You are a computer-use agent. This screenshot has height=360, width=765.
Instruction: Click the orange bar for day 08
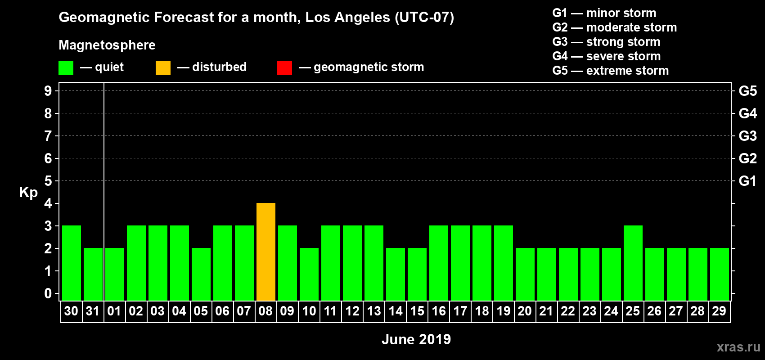(x=266, y=252)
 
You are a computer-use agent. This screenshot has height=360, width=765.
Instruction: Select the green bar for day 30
(x=72, y=263)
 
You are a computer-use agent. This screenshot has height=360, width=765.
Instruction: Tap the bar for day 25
(x=633, y=263)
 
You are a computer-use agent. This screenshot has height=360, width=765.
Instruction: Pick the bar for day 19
(x=504, y=263)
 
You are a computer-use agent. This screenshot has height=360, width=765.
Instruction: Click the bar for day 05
(x=201, y=274)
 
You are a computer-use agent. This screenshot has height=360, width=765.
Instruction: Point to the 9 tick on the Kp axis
(x=48, y=91)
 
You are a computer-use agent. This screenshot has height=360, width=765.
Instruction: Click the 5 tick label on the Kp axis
(x=48, y=181)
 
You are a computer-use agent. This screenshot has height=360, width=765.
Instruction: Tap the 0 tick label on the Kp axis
(x=48, y=293)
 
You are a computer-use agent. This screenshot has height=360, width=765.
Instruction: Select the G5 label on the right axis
(x=747, y=91)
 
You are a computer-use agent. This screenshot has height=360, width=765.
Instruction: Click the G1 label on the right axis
(x=747, y=181)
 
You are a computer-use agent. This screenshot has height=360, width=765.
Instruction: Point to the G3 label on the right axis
(x=747, y=136)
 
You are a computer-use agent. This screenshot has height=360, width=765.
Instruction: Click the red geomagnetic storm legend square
(x=284, y=68)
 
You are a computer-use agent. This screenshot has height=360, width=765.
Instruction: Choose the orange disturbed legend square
(x=163, y=68)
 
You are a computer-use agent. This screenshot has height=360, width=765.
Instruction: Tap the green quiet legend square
(x=66, y=68)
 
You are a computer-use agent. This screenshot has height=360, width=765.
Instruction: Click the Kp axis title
(x=28, y=192)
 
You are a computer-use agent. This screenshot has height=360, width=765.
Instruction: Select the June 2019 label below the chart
(x=416, y=339)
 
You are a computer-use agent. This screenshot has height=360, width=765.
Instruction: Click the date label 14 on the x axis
(x=396, y=311)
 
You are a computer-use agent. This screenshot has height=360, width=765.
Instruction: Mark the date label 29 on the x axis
(x=719, y=311)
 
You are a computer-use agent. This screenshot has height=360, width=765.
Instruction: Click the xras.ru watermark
(x=738, y=346)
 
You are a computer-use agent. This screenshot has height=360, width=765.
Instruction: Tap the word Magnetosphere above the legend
(x=107, y=45)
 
